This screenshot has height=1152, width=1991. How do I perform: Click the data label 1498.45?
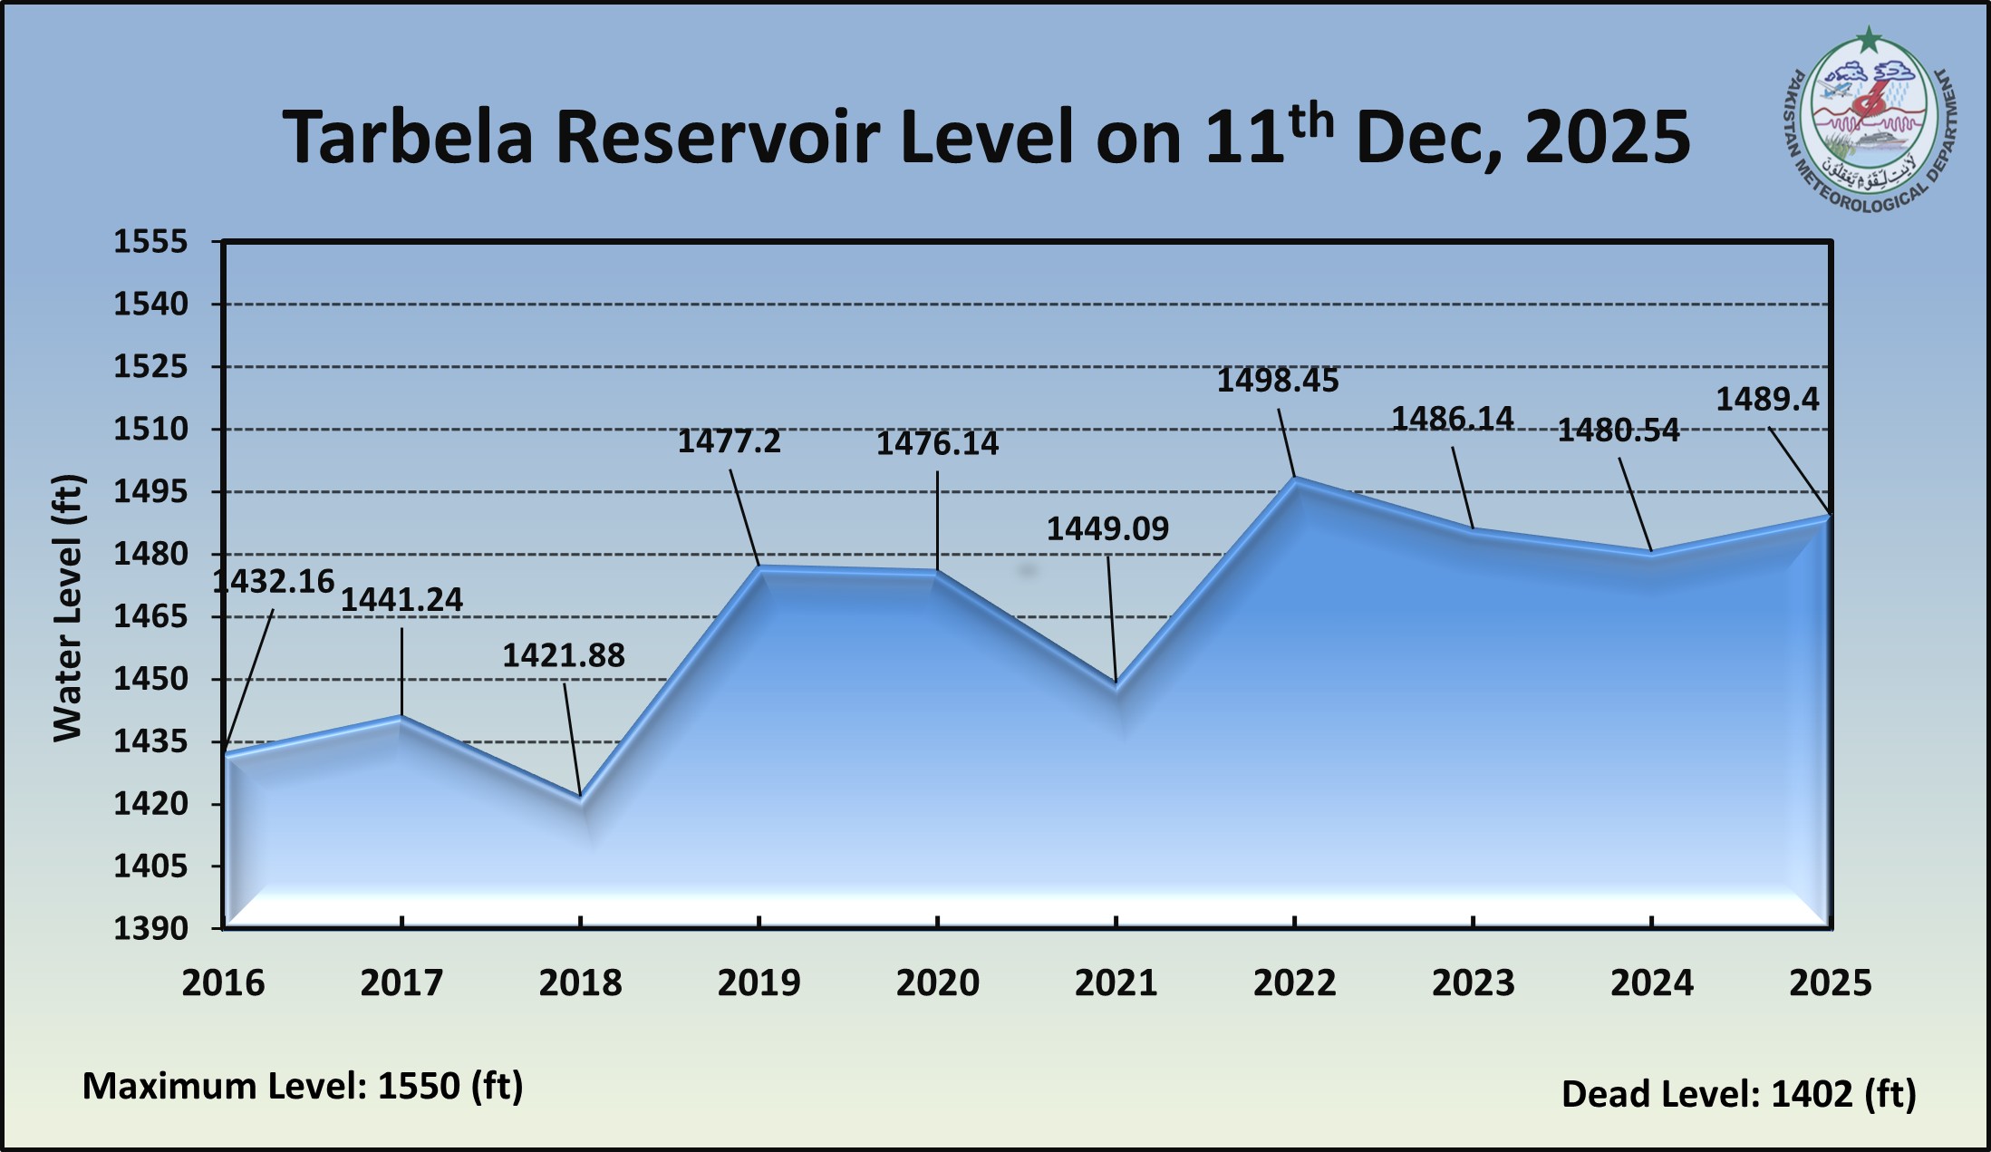[x=1277, y=381]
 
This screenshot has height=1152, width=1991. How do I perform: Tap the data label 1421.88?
[x=564, y=655]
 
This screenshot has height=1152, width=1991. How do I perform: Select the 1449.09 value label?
[x=1107, y=528]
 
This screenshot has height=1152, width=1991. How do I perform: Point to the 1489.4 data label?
[x=1767, y=400]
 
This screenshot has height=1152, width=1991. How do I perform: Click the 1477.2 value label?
[x=729, y=441]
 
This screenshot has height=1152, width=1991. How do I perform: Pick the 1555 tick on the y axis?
[x=150, y=242]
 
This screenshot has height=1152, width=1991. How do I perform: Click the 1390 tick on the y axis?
[x=150, y=928]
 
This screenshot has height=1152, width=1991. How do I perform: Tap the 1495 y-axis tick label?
[x=150, y=492]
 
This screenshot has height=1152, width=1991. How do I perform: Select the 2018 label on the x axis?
[x=580, y=983]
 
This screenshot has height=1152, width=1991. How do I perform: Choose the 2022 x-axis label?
[x=1294, y=983]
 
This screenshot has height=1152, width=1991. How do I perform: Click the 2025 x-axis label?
[x=1830, y=983]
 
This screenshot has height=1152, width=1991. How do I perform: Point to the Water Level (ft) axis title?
[x=68, y=607]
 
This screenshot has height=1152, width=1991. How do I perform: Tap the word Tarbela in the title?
[x=407, y=138]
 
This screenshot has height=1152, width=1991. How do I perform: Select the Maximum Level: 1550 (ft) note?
[x=303, y=1086]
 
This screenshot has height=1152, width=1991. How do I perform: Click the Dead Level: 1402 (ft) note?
[x=1738, y=1094]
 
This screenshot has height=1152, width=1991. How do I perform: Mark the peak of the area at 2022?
[x=1295, y=479]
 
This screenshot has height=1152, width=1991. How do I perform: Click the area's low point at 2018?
[x=580, y=799]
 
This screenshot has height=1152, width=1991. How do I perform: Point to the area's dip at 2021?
[x=1116, y=684]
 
